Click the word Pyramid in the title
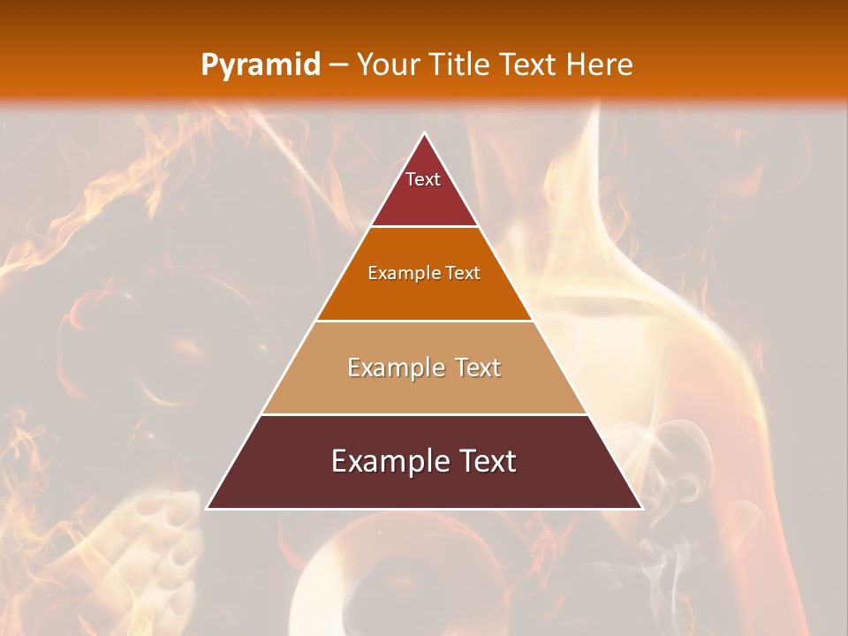(260, 65)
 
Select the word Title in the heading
(460, 65)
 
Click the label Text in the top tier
(423, 179)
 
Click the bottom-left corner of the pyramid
(207, 509)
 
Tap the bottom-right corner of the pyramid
(642, 509)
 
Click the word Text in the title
(531, 65)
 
